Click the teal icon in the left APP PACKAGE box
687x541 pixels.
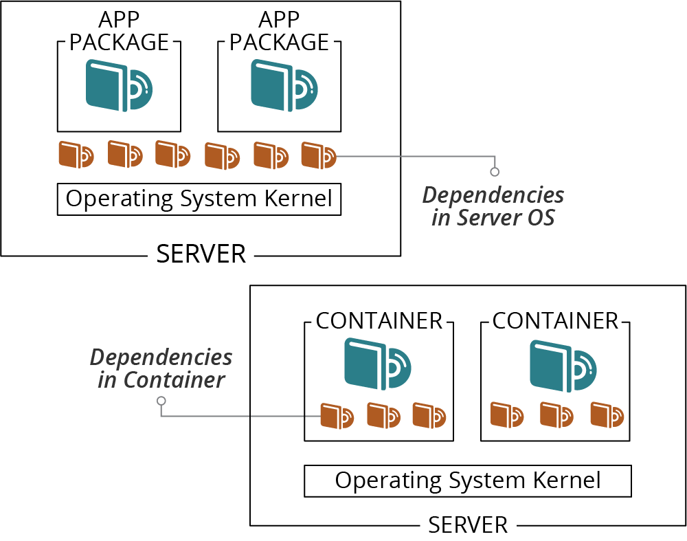(x=119, y=86)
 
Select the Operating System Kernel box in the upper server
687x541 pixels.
(x=199, y=199)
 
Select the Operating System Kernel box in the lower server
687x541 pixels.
(x=467, y=481)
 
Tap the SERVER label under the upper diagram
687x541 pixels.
(x=201, y=254)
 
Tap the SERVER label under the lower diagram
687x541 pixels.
(x=468, y=525)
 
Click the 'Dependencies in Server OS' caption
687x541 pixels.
(x=493, y=206)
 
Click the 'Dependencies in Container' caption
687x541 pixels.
(x=161, y=368)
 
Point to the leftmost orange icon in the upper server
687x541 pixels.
(x=76, y=155)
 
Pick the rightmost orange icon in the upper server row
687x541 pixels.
(x=319, y=155)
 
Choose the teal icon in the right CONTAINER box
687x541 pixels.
(x=563, y=365)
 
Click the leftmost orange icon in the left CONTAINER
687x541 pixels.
(x=337, y=416)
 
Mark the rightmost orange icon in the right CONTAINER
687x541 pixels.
(x=607, y=414)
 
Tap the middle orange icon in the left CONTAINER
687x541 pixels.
(x=383, y=415)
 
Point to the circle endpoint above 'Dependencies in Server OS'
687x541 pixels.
(x=495, y=172)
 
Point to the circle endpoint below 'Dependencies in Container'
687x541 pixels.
(x=161, y=401)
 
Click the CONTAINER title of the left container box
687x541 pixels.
(x=379, y=321)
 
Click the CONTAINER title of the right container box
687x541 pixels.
(x=555, y=321)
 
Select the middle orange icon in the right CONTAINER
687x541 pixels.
(x=557, y=414)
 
